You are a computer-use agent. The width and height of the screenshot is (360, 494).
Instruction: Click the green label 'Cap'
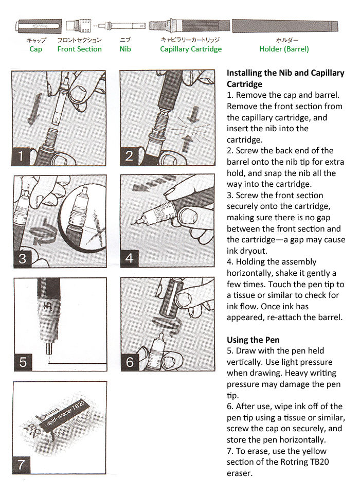tap(35, 49)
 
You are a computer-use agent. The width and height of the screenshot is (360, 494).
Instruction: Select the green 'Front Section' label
tap(79, 49)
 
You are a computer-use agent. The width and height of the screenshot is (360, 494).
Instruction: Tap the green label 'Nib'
tap(125, 49)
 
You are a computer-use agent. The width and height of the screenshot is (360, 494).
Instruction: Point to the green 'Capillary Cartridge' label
tap(191, 49)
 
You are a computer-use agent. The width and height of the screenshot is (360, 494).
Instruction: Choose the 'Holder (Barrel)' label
tap(284, 49)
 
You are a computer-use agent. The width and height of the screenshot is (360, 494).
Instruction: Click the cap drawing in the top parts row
tap(38, 26)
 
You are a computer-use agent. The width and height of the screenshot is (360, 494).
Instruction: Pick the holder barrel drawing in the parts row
tap(285, 25)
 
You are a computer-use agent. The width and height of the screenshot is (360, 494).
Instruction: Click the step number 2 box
tap(130, 156)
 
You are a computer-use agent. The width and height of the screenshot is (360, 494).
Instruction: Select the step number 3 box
tap(22, 258)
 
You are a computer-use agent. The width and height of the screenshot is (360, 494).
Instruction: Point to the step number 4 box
tap(130, 258)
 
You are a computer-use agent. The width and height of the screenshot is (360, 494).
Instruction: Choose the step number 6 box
tap(130, 362)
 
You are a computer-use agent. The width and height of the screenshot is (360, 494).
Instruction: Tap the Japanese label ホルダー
tap(284, 40)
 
